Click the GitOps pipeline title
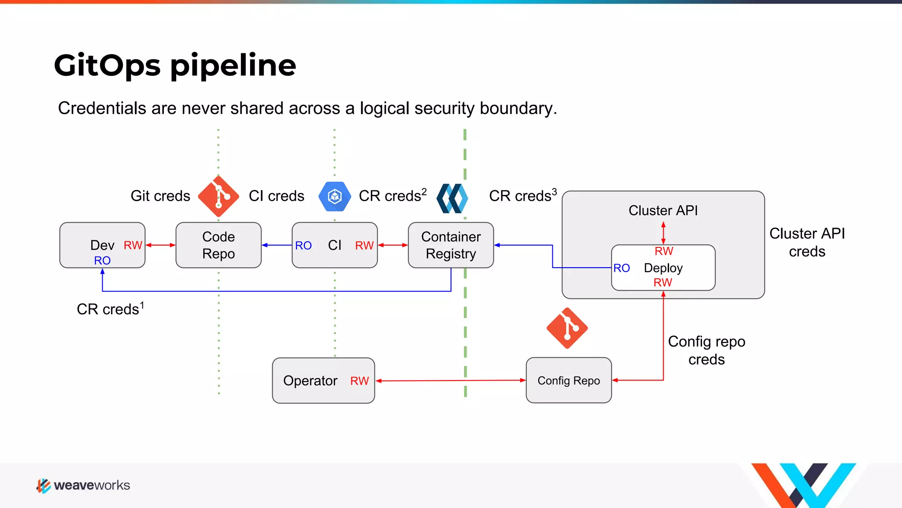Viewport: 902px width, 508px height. pyautogui.click(x=175, y=65)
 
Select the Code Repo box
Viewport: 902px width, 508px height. pyautogui.click(x=218, y=245)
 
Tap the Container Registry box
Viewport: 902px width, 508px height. pyautogui.click(x=451, y=245)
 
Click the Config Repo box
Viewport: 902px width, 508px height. pyautogui.click(x=569, y=380)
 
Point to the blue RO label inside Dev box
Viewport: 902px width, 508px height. pyautogui.click(x=102, y=261)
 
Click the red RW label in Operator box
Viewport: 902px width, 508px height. pyautogui.click(x=359, y=381)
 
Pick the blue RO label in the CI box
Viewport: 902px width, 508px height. pyautogui.click(x=303, y=246)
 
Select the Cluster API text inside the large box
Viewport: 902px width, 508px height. pyautogui.click(x=663, y=210)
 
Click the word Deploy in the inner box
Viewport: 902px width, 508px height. pyautogui.click(x=663, y=268)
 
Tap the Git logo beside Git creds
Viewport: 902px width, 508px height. pyautogui.click(x=218, y=196)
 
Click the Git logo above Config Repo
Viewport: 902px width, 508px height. pyautogui.click(x=567, y=328)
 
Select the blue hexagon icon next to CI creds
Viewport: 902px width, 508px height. pyautogui.click(x=335, y=196)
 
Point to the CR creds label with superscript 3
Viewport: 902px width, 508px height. pyautogui.click(x=523, y=195)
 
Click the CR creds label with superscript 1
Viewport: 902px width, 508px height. pyautogui.click(x=110, y=309)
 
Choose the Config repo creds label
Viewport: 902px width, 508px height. pyautogui.click(x=706, y=350)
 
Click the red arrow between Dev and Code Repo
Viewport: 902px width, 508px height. pyautogui.click(x=160, y=245)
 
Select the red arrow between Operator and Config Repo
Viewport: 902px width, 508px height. pyautogui.click(x=451, y=380)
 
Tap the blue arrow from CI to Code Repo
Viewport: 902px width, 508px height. pyautogui.click(x=277, y=245)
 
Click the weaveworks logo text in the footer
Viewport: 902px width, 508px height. pyautogui.click(x=92, y=486)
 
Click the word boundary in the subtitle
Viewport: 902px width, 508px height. pyautogui.click(x=518, y=108)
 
